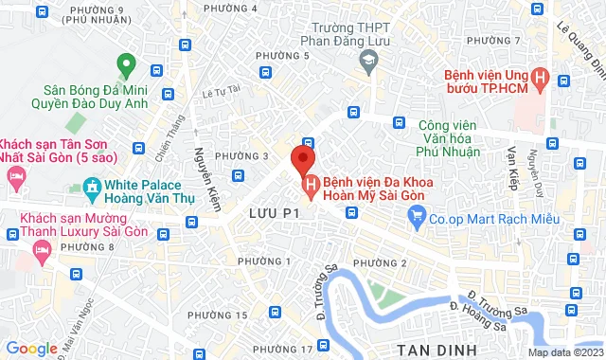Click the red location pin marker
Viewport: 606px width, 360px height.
pyautogui.click(x=302, y=156)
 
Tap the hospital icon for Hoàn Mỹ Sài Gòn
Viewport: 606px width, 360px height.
pyautogui.click(x=310, y=183)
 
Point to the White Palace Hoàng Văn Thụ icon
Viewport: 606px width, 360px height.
pyautogui.click(x=92, y=188)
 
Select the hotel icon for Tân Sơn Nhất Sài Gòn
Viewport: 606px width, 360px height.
pyautogui.click(x=15, y=177)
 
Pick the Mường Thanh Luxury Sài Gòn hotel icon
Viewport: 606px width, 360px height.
pyautogui.click(x=41, y=248)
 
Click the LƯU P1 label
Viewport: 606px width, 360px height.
pyautogui.click(x=275, y=214)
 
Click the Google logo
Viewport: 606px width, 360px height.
pyautogui.click(x=30, y=349)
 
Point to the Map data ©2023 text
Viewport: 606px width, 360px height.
pyautogui.click(x=564, y=352)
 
